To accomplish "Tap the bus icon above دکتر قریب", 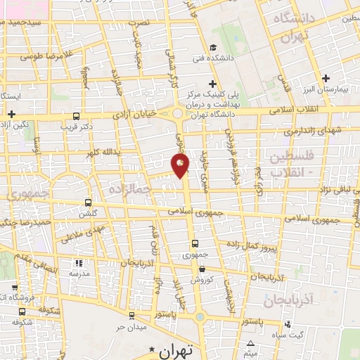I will click(76, 117).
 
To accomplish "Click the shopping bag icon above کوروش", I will click(202, 269).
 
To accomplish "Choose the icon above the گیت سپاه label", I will click(288, 324).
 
